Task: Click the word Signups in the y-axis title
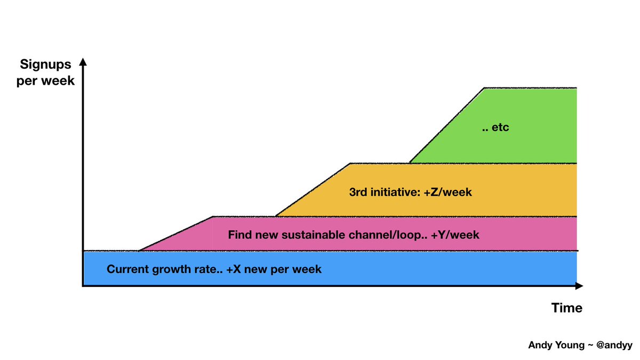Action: [x=46, y=65]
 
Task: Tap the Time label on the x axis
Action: [x=566, y=308]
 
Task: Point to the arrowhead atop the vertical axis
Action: [x=83, y=62]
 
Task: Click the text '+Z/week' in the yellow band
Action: [x=449, y=192]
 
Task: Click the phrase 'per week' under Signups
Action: [x=46, y=81]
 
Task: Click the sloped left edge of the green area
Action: [x=447, y=125]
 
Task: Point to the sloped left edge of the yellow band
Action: [x=313, y=189]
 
